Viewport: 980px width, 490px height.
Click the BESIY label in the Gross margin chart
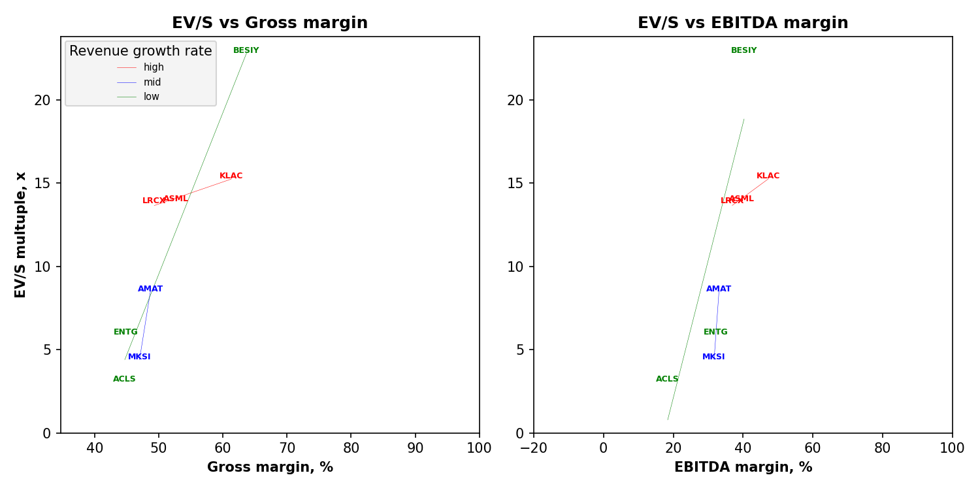tap(246, 50)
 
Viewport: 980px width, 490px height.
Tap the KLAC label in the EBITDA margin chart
tap(768, 176)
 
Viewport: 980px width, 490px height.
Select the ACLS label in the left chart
tap(124, 379)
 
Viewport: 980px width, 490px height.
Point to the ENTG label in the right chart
tap(715, 332)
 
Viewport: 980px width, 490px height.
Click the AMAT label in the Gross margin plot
tap(150, 289)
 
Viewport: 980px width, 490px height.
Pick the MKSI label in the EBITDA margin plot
tap(713, 357)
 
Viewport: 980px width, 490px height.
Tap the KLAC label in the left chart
tap(231, 176)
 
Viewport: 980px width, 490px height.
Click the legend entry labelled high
tap(154, 67)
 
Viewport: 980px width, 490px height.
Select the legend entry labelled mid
tap(152, 82)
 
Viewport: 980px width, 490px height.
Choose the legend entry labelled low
tap(152, 97)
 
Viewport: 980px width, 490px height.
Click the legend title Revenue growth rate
tap(140, 51)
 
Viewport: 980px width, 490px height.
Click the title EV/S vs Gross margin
tap(270, 24)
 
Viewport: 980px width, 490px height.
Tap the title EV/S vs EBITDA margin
tap(743, 24)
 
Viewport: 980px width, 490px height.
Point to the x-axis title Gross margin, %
tap(270, 467)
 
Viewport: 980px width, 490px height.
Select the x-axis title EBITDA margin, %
tap(743, 467)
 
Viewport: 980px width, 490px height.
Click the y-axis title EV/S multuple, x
tap(21, 235)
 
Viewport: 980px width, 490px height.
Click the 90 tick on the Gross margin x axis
tap(415, 448)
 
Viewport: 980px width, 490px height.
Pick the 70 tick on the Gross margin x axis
tap(287, 448)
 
